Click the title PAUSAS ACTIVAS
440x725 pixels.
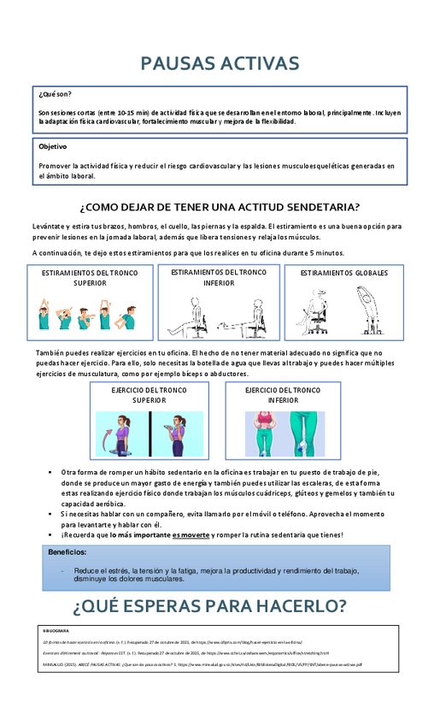coord(220,64)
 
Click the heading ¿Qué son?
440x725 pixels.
coord(56,94)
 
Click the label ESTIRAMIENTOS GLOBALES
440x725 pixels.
coord(343,274)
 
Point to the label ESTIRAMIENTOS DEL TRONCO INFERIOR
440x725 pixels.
coord(219,277)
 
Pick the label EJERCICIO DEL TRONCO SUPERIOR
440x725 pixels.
coord(150,394)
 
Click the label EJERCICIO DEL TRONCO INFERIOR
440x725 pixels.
coord(283,394)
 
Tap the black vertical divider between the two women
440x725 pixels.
coord(151,433)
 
